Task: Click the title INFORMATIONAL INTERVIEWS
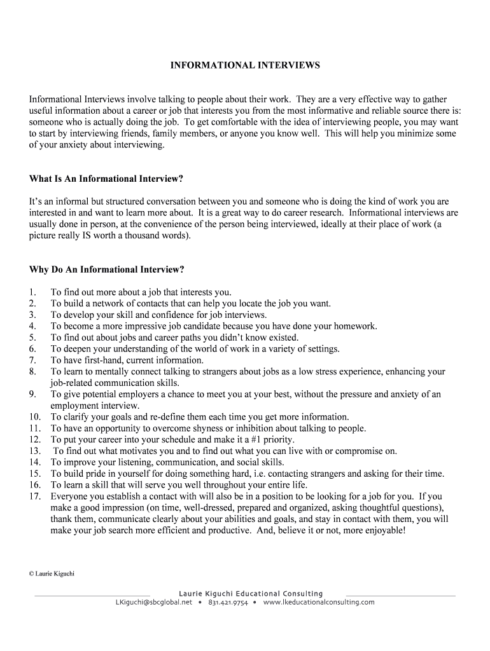[x=245, y=65]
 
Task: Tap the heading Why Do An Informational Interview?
[x=106, y=270]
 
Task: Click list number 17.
[x=35, y=496]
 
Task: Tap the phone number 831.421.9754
[x=228, y=602]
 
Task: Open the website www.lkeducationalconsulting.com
[x=318, y=602]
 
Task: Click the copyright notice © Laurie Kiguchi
[x=52, y=573]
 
